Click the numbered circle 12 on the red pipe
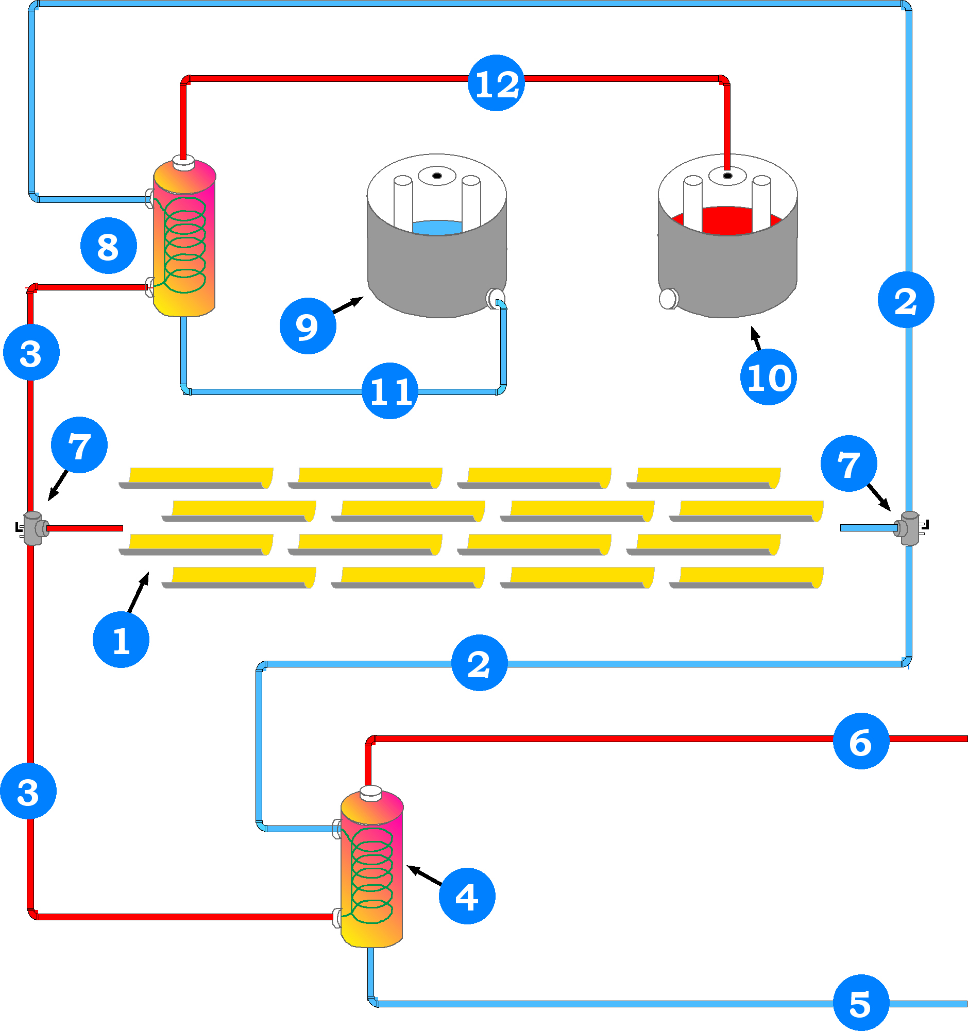(496, 83)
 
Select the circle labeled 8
(108, 246)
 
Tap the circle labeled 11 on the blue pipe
(389, 391)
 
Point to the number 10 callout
(768, 377)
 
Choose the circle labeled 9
(308, 326)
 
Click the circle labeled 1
(121, 640)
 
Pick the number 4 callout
(467, 897)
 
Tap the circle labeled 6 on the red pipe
(861, 741)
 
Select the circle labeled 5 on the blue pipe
(861, 1003)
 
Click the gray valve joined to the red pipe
(33, 528)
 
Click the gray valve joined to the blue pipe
(910, 528)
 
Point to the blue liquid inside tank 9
(437, 227)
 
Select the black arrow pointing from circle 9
(348, 305)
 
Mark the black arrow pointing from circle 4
(424, 875)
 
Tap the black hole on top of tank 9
(437, 176)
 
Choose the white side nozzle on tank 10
(668, 299)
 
